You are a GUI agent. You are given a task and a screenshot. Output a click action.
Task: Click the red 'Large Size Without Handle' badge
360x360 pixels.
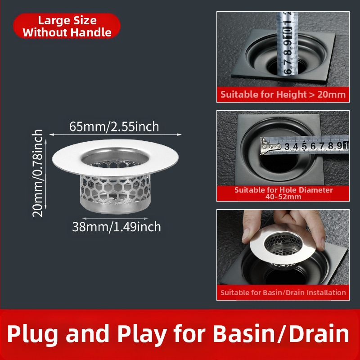(x=67, y=26)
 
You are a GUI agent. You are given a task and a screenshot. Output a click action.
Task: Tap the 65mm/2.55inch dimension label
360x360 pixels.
(x=114, y=126)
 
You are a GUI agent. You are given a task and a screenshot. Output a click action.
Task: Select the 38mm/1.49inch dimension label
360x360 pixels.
(x=117, y=227)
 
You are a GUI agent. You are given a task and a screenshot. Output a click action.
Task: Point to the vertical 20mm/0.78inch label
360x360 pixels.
(x=37, y=173)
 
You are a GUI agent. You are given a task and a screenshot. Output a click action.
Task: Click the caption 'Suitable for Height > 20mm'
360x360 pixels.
(x=283, y=94)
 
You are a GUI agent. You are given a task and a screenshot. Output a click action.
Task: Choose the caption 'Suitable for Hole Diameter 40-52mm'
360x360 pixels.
(x=283, y=193)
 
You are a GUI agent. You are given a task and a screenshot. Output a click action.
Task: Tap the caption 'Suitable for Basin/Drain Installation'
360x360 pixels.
(x=283, y=293)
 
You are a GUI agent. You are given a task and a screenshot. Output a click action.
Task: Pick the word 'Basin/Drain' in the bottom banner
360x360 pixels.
(x=281, y=333)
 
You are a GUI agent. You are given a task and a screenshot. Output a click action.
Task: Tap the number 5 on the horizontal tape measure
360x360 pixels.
(x=304, y=146)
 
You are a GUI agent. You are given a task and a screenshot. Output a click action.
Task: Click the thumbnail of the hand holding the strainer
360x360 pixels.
(x=283, y=255)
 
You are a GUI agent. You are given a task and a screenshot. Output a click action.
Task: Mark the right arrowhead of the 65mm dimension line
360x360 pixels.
(x=179, y=135)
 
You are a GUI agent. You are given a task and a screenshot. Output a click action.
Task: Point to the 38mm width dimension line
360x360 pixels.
(x=115, y=219)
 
